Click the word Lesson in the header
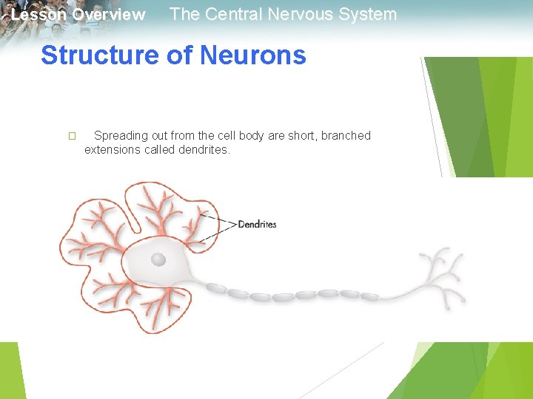pos(38,15)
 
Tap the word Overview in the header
pos(109,15)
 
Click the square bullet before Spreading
pos(71,136)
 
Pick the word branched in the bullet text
pos(346,136)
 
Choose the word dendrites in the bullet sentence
pos(204,150)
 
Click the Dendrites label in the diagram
pos(257,224)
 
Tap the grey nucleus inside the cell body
pos(158,259)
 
